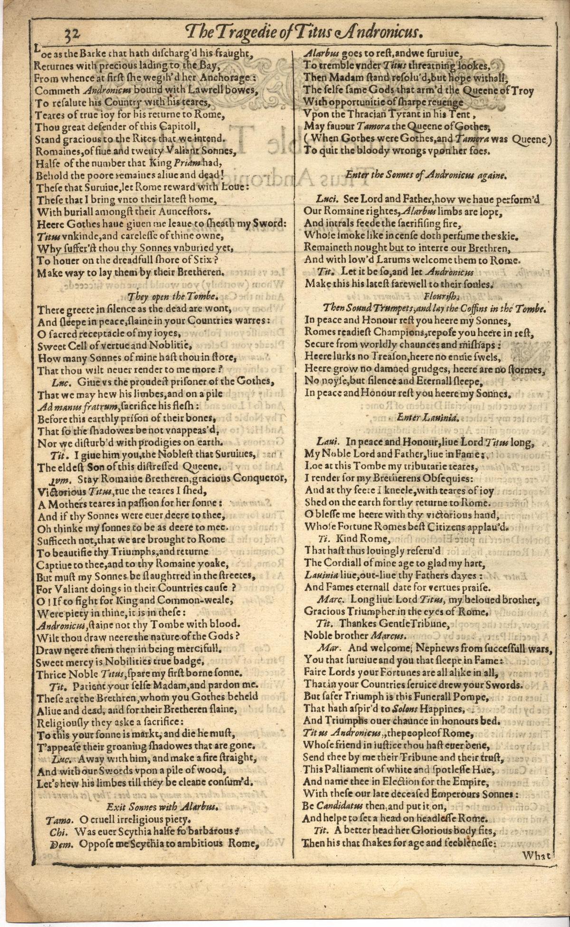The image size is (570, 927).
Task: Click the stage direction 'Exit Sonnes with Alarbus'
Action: tap(162, 806)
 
